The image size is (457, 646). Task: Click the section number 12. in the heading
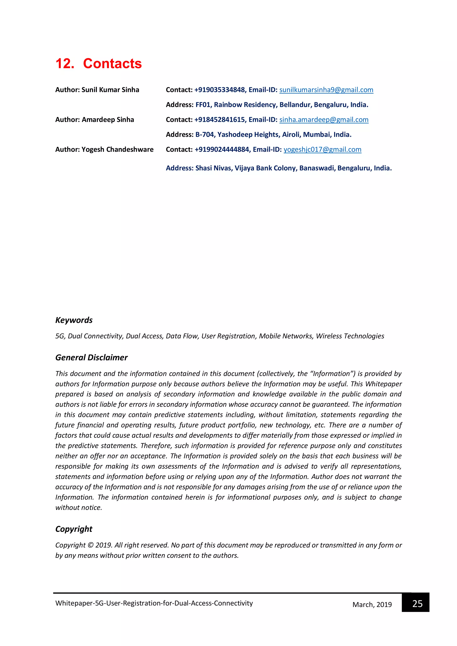tap(65, 64)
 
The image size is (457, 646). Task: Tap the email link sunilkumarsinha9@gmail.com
tap(326, 90)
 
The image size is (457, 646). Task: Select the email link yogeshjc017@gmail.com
tap(322, 149)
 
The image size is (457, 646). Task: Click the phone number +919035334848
tap(220, 90)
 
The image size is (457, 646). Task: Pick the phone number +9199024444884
tap(222, 149)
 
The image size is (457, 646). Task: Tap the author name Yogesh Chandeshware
tap(117, 149)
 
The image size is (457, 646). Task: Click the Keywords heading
tap(74, 320)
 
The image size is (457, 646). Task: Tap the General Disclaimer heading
tap(91, 358)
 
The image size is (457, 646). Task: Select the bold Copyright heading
tap(74, 529)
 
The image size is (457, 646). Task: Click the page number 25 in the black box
tap(417, 604)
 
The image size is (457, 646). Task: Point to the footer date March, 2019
tap(372, 605)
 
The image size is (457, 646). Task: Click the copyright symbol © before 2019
tap(90, 545)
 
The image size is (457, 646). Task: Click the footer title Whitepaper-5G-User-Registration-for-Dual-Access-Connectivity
tap(154, 603)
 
